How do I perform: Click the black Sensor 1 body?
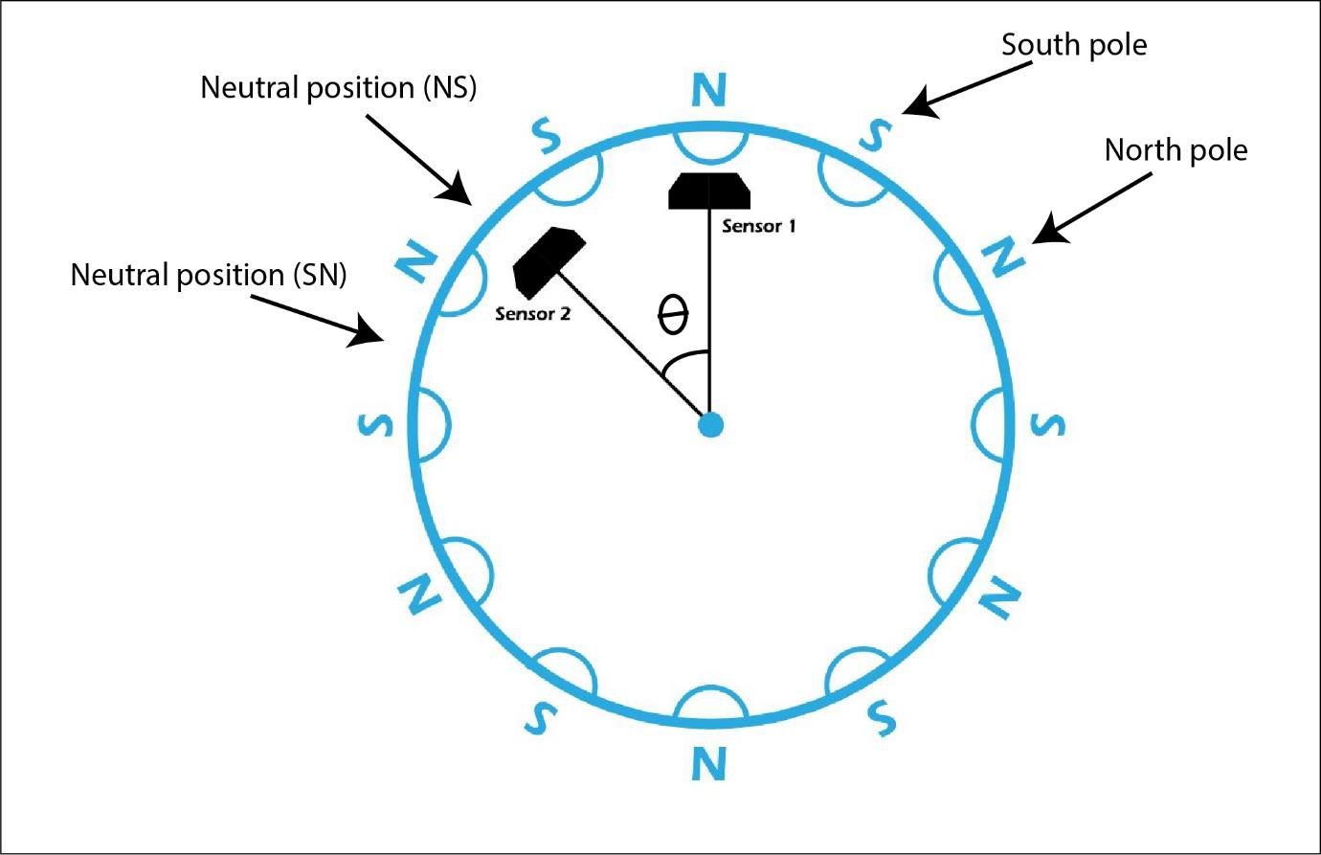pyautogui.click(x=708, y=191)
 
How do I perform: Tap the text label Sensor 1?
pyautogui.click(x=758, y=227)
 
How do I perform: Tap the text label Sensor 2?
pyautogui.click(x=532, y=313)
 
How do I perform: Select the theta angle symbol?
pyautogui.click(x=673, y=315)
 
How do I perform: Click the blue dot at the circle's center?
pyautogui.click(x=709, y=424)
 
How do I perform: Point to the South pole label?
pyautogui.click(x=1073, y=45)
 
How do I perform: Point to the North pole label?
pyautogui.click(x=1175, y=150)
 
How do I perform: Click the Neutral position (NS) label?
pyautogui.click(x=338, y=88)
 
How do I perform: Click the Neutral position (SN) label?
pyautogui.click(x=209, y=275)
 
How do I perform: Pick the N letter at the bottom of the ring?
pyautogui.click(x=708, y=763)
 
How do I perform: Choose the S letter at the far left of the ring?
pyautogui.click(x=374, y=423)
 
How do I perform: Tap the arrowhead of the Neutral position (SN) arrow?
pyautogui.click(x=372, y=334)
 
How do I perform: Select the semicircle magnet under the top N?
pyautogui.click(x=708, y=144)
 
